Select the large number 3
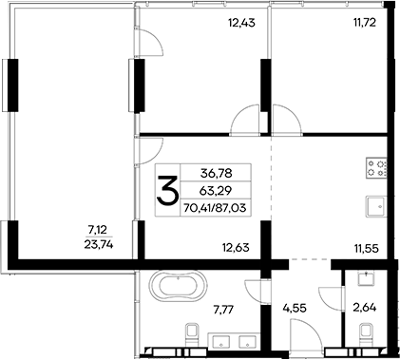168,191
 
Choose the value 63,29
215,190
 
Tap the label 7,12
97,229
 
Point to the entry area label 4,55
295,307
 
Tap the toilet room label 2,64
365,307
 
